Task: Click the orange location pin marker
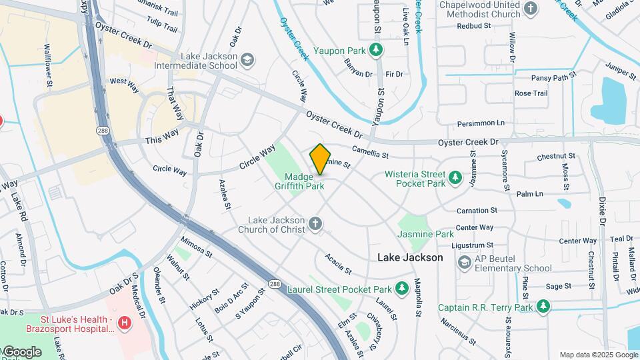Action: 320,159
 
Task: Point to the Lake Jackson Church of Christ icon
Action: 315,225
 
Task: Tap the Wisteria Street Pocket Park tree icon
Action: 455,177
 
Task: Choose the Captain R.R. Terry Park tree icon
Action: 543,307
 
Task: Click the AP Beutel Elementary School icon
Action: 464,263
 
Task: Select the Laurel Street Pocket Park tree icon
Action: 401,289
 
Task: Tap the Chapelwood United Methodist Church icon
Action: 531,9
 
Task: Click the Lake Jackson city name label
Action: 410,257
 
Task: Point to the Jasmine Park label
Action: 425,234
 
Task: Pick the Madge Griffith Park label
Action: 304,181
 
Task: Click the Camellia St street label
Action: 370,153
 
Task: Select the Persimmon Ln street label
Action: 481,123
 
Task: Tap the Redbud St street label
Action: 473,26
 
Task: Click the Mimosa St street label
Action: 196,248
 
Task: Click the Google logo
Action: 22,351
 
